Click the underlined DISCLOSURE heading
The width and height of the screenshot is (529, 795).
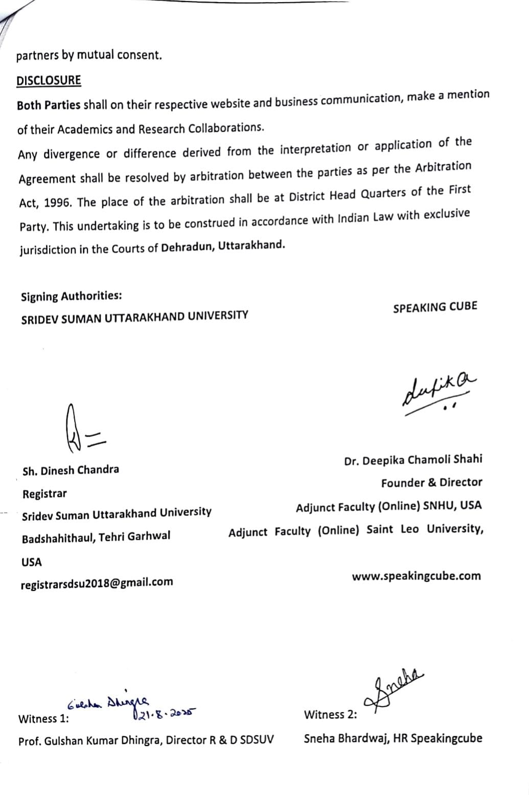[49, 81]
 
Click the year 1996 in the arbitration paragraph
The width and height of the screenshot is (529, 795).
[58, 203]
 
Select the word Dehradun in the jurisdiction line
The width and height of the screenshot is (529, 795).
[187, 247]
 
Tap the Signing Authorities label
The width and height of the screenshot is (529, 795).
[71, 296]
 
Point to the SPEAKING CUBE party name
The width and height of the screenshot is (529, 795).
[435, 307]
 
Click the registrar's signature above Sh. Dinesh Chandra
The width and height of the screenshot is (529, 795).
[83, 430]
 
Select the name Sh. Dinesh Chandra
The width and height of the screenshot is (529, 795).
[71, 470]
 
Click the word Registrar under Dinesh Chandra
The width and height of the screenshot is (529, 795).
[44, 494]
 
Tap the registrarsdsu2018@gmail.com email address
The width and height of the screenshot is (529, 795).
[97, 583]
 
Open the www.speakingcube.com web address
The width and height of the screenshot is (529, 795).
[416, 576]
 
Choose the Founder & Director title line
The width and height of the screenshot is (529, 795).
[431, 483]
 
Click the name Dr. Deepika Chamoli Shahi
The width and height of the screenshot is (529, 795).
[413, 460]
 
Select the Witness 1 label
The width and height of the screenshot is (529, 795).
[43, 719]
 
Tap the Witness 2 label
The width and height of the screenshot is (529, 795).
[330, 715]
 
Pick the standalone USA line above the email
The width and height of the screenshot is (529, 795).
[32, 562]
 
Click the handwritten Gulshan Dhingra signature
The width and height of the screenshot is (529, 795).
[110, 704]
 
